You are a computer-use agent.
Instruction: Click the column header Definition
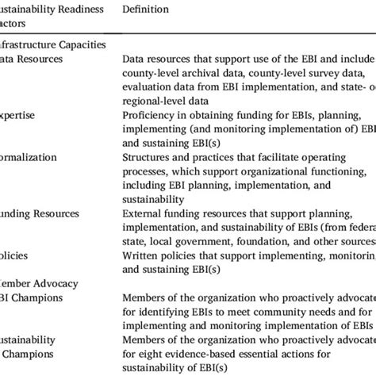tap(147, 7)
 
